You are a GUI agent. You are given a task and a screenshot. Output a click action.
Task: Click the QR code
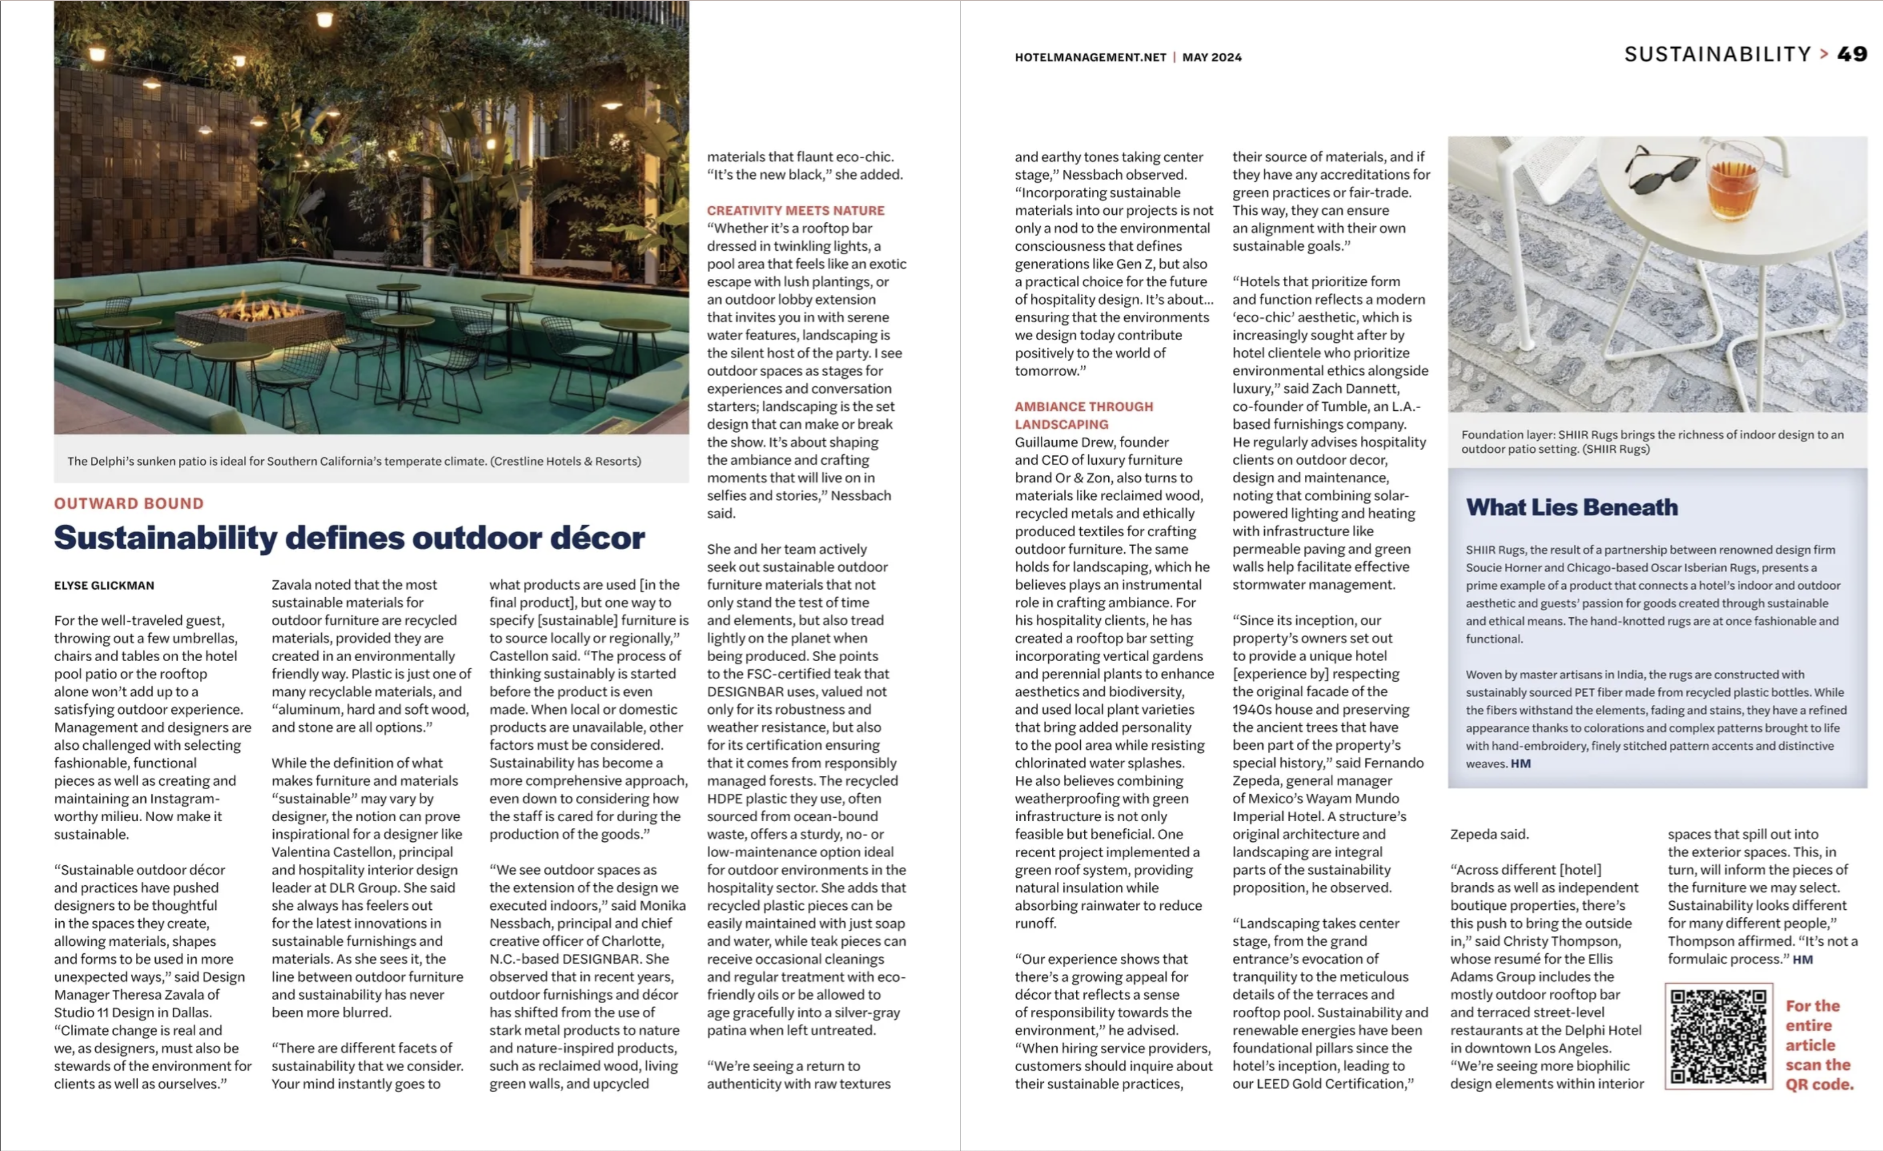(x=1718, y=1036)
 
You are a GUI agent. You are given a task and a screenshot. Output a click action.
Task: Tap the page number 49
(x=1852, y=54)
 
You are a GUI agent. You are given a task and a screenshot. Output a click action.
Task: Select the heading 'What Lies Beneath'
(x=1571, y=507)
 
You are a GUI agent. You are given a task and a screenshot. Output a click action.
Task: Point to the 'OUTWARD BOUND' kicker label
(x=129, y=503)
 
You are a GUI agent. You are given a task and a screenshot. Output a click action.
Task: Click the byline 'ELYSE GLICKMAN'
(x=104, y=585)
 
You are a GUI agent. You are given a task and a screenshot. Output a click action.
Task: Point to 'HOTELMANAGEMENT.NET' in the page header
(x=1090, y=57)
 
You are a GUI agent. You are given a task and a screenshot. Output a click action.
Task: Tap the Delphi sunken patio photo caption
(x=354, y=461)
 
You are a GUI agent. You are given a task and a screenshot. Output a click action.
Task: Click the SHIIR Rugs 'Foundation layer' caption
(x=1652, y=442)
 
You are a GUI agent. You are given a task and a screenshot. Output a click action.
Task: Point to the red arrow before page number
(x=1824, y=54)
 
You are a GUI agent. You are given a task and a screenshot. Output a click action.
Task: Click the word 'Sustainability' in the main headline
(x=165, y=537)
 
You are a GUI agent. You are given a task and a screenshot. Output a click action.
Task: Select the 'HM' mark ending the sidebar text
(x=1520, y=764)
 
